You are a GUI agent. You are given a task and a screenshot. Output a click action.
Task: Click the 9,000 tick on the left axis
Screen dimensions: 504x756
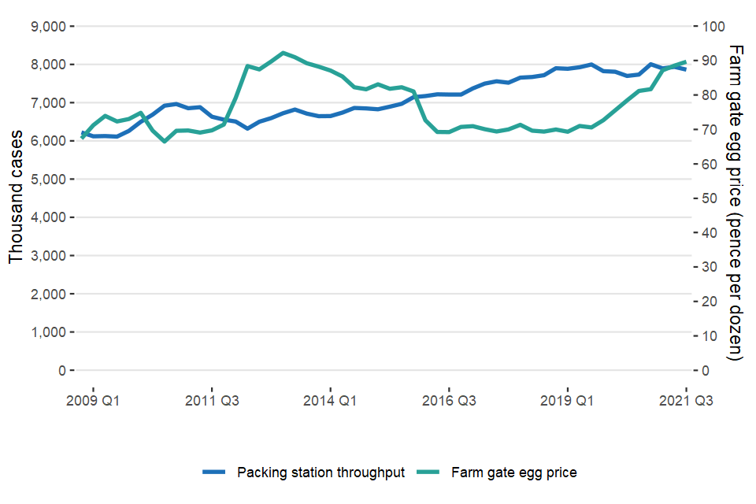pyautogui.click(x=48, y=26)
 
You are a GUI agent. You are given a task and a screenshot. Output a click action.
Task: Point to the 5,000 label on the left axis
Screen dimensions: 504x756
pyautogui.click(x=48, y=179)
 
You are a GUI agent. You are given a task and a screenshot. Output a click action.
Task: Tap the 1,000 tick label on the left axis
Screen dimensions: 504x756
pyautogui.click(x=48, y=332)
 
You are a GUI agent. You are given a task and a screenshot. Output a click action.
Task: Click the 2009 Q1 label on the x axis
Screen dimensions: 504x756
pyautogui.click(x=94, y=400)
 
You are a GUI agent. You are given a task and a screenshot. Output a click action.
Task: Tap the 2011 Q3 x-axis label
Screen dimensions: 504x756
pyautogui.click(x=212, y=400)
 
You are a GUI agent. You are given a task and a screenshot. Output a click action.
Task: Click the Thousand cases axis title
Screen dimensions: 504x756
pyautogui.click(x=17, y=198)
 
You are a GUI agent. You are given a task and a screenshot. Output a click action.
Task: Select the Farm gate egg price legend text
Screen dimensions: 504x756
pyautogui.click(x=514, y=472)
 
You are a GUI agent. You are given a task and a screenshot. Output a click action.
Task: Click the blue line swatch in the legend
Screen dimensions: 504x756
pyautogui.click(x=215, y=472)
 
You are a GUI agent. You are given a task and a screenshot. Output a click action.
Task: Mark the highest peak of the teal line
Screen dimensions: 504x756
pyautogui.click(x=283, y=53)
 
